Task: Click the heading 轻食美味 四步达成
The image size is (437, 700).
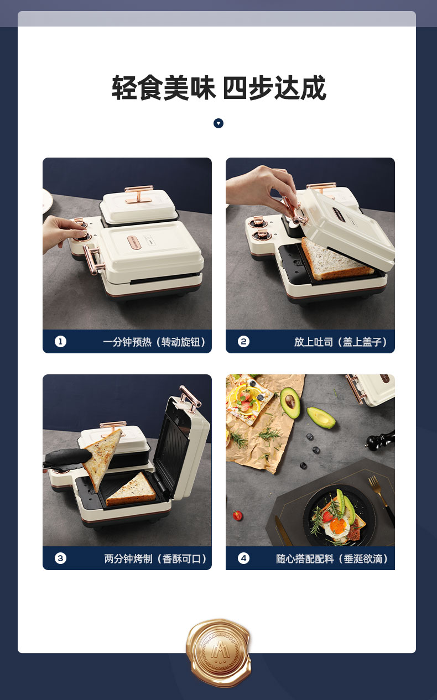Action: (x=218, y=88)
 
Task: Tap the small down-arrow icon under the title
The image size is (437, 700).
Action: (x=218, y=123)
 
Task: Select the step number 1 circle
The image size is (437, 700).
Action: (x=61, y=342)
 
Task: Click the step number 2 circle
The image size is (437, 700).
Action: (x=243, y=342)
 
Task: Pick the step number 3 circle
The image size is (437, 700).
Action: (x=61, y=558)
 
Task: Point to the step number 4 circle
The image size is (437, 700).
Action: (x=243, y=558)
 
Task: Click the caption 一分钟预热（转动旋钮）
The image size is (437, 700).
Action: (x=154, y=342)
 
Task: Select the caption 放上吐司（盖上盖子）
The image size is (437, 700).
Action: (x=341, y=342)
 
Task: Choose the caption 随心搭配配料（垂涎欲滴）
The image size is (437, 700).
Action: (x=332, y=559)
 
